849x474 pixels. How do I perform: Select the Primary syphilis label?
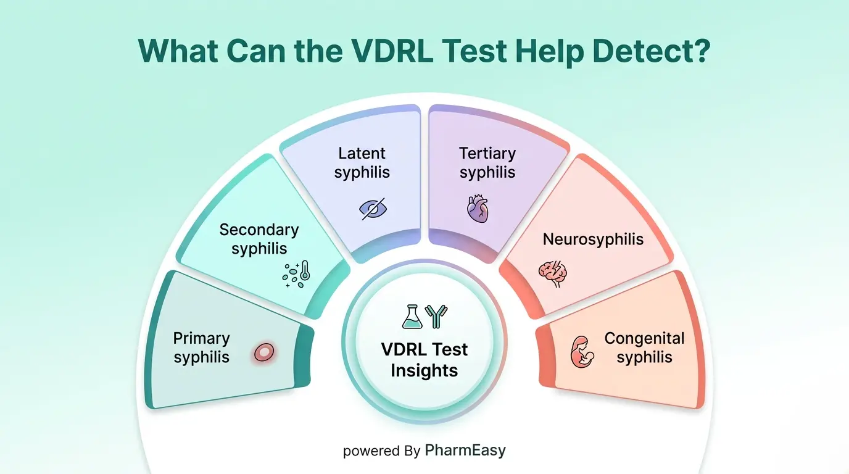coord(201,347)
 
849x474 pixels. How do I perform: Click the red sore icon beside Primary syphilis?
coord(264,352)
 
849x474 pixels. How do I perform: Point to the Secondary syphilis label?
coord(259,239)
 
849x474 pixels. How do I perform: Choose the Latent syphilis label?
coord(362,162)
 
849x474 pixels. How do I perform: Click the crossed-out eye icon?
coord(372,208)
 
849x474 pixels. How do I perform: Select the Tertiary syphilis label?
coord(487,162)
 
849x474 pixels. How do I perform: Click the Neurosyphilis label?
coord(593,239)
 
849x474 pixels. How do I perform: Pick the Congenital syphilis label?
coord(644,347)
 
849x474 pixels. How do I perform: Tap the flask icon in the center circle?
coord(412,316)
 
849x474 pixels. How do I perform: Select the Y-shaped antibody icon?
coord(437,316)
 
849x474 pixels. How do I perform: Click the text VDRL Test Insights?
coord(424,360)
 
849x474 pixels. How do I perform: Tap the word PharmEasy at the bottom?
coord(465,451)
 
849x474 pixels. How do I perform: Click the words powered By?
coord(381,451)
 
